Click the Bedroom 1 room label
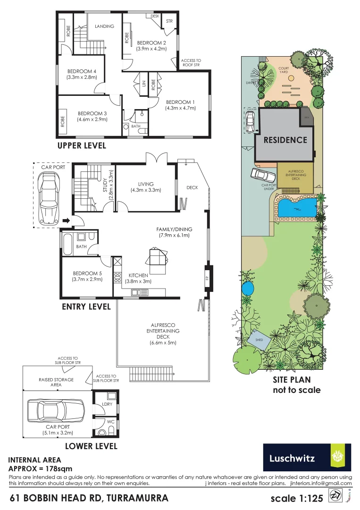point(180,102)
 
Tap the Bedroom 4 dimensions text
point(82,77)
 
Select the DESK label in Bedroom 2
point(155,16)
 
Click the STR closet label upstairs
point(169,21)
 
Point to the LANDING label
point(104,26)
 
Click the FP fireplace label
point(207,278)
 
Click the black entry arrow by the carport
point(66,220)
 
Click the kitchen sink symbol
point(136,293)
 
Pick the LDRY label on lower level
point(107,404)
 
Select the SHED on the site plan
point(259,340)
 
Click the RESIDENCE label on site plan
point(285,140)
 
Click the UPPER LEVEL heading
point(81,145)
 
